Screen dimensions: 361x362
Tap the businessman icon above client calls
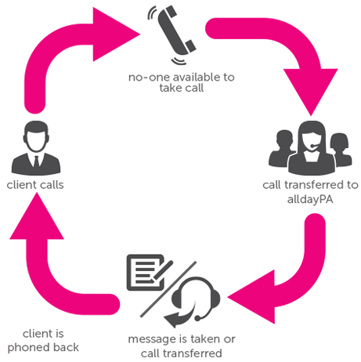point(36,148)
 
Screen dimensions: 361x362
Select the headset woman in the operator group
point(312,148)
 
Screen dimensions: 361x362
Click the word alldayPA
point(310,200)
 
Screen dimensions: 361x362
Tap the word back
point(66,347)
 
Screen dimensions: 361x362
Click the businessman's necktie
point(37,161)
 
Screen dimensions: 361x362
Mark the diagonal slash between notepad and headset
point(168,289)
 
